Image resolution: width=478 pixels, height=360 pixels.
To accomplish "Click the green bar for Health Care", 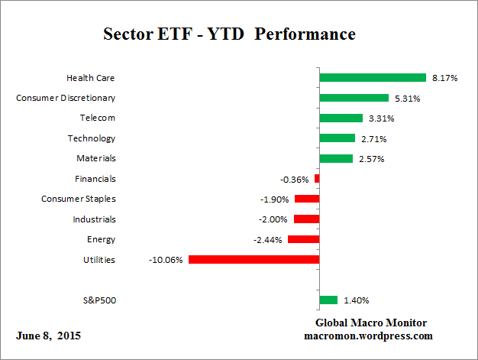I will point(372,77).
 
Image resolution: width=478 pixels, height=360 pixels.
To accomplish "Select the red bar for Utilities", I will point(254,260).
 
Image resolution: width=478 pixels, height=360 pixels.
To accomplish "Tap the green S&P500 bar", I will point(328,300).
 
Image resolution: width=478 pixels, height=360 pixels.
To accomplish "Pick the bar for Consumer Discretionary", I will point(354,98).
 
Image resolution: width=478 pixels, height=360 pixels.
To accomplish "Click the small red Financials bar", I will point(317,179).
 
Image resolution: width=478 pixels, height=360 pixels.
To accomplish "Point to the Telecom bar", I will point(341,118).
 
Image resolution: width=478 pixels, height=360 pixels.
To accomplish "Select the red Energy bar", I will point(303,239).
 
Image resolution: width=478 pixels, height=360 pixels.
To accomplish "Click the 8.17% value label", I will point(444,77).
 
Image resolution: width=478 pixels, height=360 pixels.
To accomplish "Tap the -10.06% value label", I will point(166,260).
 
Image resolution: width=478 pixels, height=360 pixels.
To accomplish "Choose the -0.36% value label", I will point(294,179).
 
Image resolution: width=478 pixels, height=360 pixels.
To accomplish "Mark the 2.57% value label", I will point(371,158).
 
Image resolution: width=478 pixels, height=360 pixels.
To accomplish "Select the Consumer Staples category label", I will point(79,199).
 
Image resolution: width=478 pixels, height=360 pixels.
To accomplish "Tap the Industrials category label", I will point(94,219).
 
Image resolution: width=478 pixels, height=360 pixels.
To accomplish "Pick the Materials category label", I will point(97,158).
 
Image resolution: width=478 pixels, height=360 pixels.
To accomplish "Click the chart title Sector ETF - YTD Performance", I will point(229,35).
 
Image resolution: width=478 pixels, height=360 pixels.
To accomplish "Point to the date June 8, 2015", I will point(48,336).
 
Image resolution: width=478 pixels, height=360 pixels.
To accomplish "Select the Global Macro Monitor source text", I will point(371,323).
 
